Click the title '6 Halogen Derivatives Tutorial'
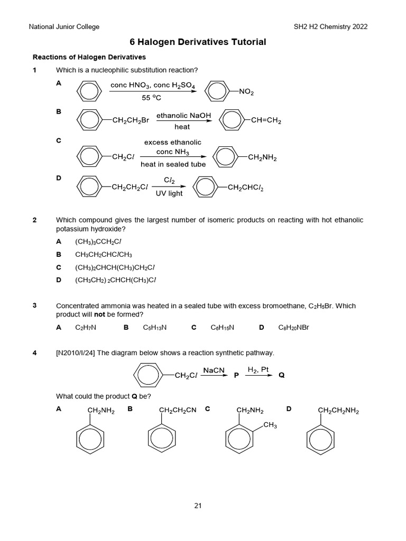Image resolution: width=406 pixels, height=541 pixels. [198, 42]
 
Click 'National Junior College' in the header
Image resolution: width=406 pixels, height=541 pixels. [64, 26]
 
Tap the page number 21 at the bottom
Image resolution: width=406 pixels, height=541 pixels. [198, 506]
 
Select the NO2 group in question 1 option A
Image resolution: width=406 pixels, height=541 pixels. [246, 92]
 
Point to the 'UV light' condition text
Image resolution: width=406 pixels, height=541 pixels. [169, 193]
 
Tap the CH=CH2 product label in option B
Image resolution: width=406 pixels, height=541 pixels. [266, 120]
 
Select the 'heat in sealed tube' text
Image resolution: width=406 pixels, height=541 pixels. [173, 164]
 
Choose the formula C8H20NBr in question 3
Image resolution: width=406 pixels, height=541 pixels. [293, 328]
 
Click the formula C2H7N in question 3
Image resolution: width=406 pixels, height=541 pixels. [86, 328]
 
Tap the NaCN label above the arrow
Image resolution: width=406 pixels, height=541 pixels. [214, 371]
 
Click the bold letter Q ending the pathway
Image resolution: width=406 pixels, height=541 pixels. [281, 375]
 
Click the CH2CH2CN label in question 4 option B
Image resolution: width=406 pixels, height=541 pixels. [178, 410]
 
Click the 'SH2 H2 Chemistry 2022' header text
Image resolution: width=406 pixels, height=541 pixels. [330, 26]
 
